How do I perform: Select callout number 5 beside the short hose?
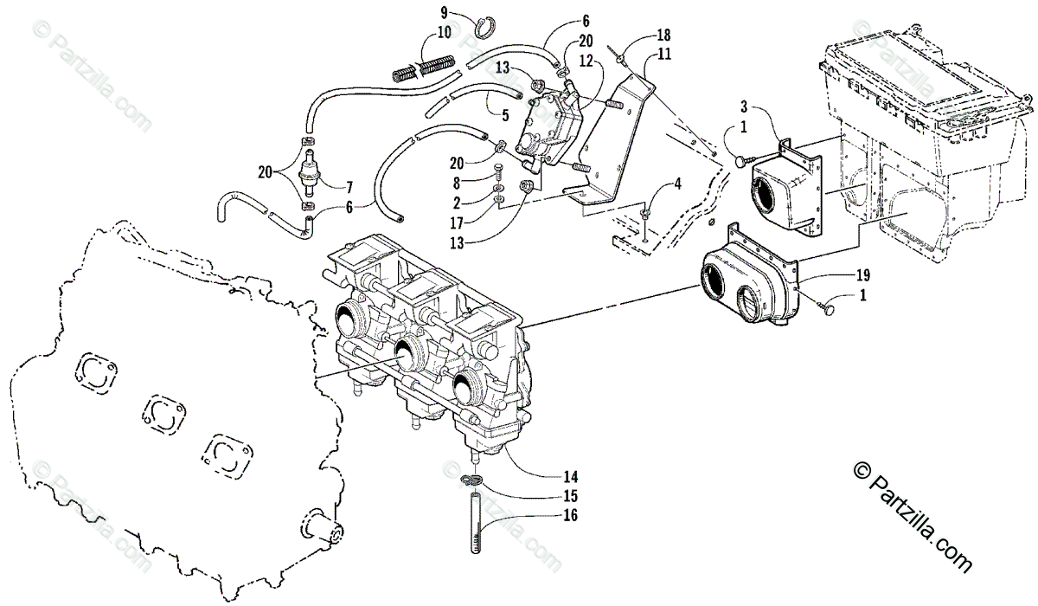(x=503, y=112)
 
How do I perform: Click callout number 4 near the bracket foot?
(x=677, y=184)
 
